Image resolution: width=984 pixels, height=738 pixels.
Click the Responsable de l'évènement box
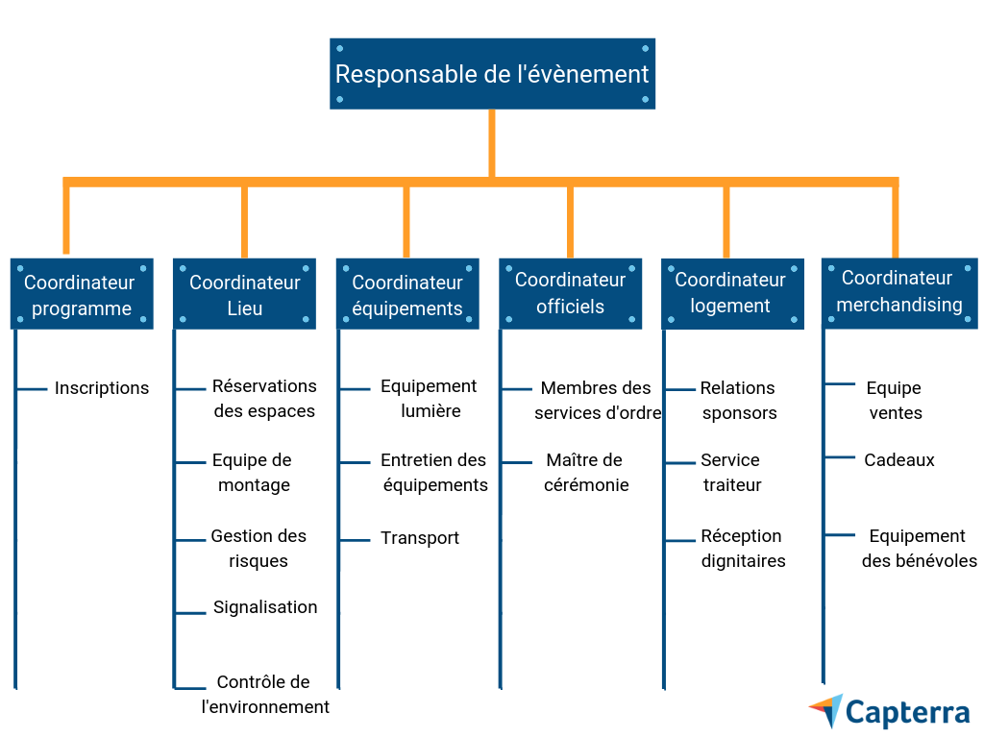point(492,74)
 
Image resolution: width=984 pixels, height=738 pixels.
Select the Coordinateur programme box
point(82,295)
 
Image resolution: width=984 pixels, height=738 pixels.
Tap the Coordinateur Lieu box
point(245,295)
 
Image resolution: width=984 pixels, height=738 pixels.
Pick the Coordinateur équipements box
point(407,295)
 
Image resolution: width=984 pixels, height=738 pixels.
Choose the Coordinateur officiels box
point(571,293)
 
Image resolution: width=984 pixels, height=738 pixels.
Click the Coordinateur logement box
point(732,292)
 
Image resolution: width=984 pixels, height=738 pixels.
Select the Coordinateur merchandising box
point(898,291)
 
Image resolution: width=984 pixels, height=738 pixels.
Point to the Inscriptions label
point(102,388)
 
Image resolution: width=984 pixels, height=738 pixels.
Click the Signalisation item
point(265,607)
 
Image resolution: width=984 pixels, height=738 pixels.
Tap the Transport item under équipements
point(420,538)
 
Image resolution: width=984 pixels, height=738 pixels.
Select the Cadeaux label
point(899,460)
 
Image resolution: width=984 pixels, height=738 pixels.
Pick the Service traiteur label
point(731,473)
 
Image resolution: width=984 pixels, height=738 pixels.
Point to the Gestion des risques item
point(258,549)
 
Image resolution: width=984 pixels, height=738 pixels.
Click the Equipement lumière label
point(429,398)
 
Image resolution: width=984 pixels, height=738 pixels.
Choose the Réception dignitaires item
point(743,549)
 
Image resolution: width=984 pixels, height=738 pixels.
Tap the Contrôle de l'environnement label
point(265,695)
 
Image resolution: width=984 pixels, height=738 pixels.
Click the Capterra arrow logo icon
point(826,711)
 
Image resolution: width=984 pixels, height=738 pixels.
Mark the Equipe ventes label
point(895,401)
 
